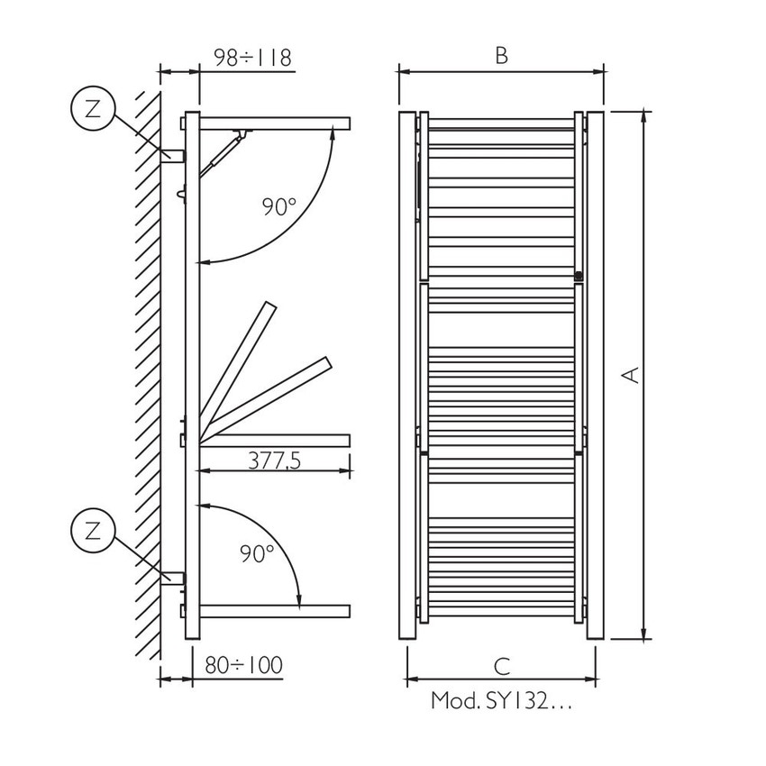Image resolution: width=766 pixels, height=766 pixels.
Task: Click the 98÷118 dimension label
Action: [252, 58]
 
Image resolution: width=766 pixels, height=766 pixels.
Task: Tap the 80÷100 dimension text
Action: [242, 665]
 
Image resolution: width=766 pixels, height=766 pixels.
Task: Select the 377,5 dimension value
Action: [274, 461]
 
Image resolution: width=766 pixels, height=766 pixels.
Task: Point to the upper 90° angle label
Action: [279, 206]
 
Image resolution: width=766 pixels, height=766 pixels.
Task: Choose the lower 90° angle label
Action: [258, 553]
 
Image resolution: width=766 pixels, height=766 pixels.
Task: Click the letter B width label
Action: [502, 56]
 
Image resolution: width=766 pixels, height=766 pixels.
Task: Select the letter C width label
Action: [502, 666]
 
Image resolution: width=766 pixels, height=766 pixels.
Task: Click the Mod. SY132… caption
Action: [501, 700]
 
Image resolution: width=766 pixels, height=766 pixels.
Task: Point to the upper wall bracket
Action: [173, 155]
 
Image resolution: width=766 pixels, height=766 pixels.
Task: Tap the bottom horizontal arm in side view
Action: [274, 611]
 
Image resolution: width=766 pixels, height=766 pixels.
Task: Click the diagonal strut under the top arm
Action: [222, 153]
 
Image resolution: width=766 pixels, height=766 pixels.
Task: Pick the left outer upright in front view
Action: [407, 374]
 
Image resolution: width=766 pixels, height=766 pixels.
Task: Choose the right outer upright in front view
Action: [596, 374]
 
